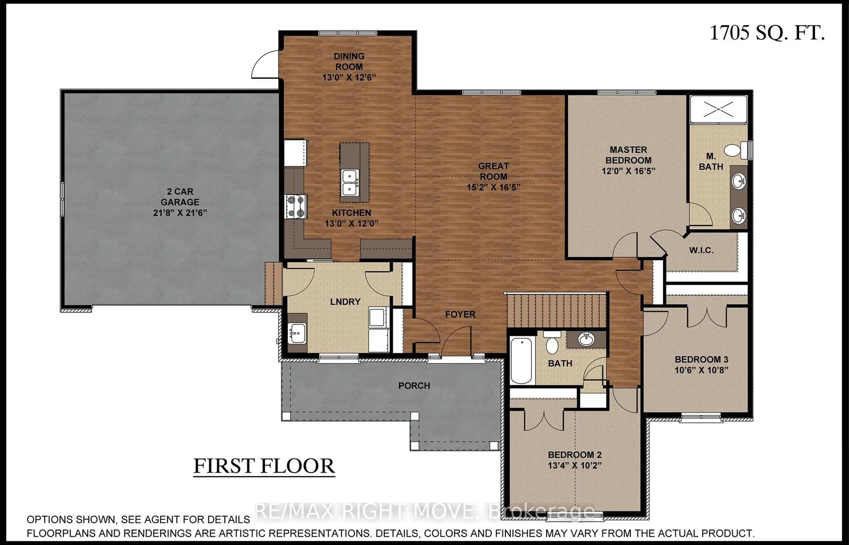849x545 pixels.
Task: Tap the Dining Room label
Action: click(x=349, y=61)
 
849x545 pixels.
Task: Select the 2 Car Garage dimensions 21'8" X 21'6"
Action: click(x=180, y=213)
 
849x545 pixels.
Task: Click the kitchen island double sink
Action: click(x=350, y=183)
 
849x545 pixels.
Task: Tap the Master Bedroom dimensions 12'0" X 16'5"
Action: click(x=628, y=171)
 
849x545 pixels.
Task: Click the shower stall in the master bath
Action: click(x=718, y=109)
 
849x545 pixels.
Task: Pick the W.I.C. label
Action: click(x=701, y=250)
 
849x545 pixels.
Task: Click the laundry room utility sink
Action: click(x=296, y=333)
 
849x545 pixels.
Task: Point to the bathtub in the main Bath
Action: click(x=521, y=360)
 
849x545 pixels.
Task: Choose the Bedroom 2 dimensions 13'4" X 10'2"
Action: click(x=574, y=465)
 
